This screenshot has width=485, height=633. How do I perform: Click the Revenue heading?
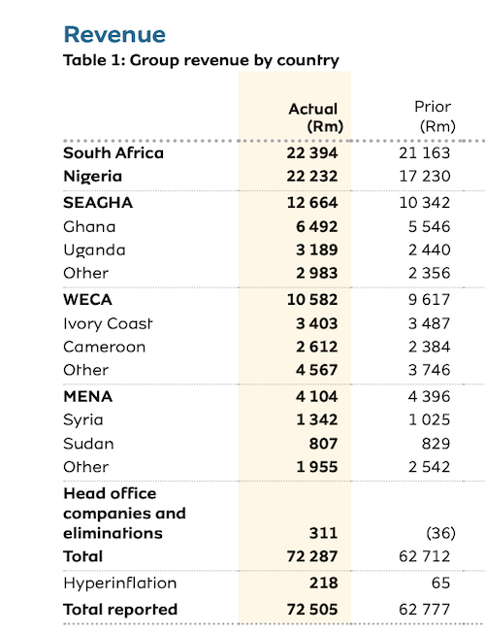[114, 34]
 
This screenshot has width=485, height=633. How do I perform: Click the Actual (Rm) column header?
[315, 117]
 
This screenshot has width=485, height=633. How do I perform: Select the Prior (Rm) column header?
[435, 117]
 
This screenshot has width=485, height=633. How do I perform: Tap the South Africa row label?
[113, 153]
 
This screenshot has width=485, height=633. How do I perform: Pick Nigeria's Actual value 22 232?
[312, 176]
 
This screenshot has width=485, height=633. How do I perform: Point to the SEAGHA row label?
[98, 202]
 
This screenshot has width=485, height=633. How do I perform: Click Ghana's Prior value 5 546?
[429, 226]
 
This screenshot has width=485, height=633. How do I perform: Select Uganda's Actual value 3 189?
[316, 250]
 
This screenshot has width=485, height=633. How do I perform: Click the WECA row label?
[87, 300]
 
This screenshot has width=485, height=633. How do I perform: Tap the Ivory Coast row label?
[108, 323]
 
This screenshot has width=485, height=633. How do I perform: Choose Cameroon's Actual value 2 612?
[316, 347]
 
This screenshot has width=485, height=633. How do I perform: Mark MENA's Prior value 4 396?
[429, 396]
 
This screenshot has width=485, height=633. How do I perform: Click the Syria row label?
[83, 419]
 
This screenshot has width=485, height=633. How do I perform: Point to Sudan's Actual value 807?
[323, 444]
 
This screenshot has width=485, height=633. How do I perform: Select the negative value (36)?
[440, 533]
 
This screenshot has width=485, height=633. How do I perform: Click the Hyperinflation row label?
[120, 583]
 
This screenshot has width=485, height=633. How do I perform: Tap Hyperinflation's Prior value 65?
[439, 583]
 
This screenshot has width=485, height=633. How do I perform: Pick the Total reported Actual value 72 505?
[312, 609]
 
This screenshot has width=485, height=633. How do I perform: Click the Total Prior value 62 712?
[425, 556]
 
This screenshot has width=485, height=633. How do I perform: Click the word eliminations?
[113, 533]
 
